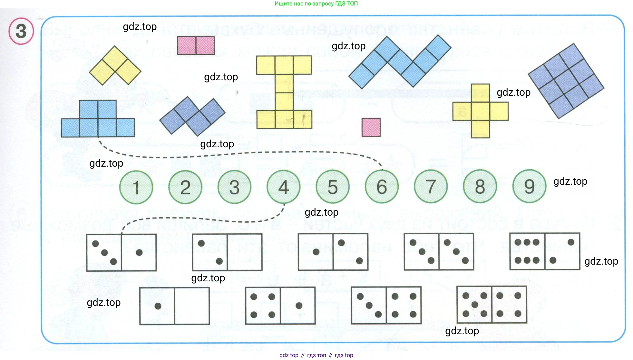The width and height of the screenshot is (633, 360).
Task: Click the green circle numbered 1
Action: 136,187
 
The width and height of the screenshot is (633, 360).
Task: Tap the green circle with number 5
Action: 333,187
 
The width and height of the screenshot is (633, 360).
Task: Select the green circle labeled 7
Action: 431,186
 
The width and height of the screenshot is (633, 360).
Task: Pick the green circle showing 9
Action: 529,186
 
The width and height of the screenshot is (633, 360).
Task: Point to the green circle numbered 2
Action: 185,187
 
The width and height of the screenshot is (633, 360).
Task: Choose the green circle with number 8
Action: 480,186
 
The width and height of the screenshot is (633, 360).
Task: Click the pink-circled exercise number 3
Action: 21,31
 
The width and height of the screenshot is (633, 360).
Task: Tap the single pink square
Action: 371,127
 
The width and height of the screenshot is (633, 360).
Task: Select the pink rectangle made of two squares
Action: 196,45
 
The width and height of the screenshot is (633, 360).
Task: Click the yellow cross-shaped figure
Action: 480,111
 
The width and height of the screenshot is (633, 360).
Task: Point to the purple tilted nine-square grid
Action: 566,81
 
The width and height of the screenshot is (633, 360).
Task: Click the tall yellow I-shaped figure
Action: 284,92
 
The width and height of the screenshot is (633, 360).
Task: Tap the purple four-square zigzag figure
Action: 192,116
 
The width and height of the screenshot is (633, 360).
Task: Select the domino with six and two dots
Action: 545,251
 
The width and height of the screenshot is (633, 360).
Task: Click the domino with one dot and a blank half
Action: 174,306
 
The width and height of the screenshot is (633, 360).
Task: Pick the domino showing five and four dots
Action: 492,305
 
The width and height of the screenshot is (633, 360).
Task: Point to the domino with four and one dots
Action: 280,306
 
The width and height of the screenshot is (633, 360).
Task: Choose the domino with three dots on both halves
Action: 439,251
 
